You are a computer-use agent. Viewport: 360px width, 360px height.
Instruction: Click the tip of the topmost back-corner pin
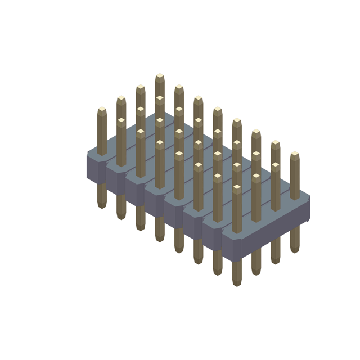160,76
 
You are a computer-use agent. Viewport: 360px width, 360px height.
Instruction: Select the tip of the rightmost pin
295,154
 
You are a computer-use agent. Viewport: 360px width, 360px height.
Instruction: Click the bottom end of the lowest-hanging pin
237,282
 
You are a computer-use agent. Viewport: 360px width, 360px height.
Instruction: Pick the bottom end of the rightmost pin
295,249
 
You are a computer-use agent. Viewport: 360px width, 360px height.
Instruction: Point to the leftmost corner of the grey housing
87,155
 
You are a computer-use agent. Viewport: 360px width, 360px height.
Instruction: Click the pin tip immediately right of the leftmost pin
121,99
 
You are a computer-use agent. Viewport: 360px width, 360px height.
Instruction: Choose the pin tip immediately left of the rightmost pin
275,143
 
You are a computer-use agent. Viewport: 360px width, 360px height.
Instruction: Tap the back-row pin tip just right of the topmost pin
179,88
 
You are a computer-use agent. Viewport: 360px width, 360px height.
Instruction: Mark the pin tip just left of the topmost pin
140,88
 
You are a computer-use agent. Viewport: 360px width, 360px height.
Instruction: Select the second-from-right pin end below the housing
275,260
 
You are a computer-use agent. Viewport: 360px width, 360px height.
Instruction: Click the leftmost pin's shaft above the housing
102,132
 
